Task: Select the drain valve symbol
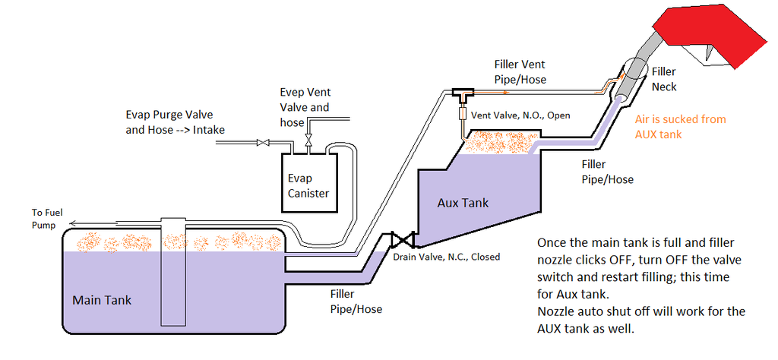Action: [x=400, y=241]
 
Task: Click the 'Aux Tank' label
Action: [x=462, y=203]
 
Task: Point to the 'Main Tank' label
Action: [x=102, y=300]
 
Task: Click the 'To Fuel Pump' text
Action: [x=47, y=219]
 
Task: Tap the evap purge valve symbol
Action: [x=264, y=142]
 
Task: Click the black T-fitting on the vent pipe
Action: [x=461, y=93]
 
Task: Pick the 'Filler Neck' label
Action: [x=664, y=79]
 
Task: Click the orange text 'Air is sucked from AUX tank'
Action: [x=680, y=125]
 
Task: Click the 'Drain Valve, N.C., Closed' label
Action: [x=447, y=257]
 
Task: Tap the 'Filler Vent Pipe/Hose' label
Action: [x=520, y=71]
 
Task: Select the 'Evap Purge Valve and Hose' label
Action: [x=175, y=122]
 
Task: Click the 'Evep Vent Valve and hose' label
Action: [x=305, y=106]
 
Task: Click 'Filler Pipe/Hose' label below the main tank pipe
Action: [x=356, y=301]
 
